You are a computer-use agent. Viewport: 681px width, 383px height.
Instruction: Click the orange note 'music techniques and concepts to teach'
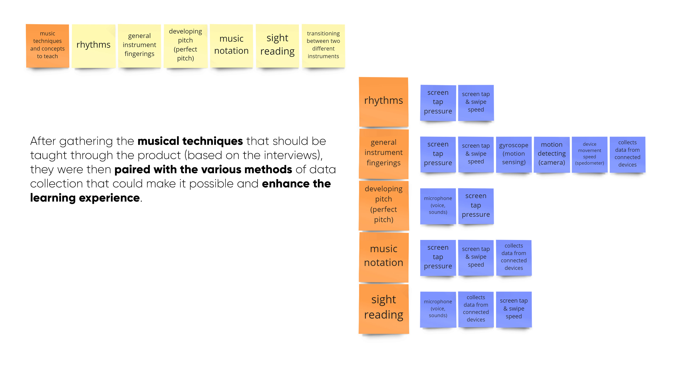[x=47, y=45]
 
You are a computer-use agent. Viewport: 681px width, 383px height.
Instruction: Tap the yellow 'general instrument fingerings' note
[x=139, y=45]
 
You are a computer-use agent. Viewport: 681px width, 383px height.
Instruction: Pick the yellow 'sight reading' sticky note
[x=277, y=45]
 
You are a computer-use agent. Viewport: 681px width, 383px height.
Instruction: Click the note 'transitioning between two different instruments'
[x=323, y=45]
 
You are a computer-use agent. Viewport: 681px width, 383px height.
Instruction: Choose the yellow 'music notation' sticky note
[x=231, y=45]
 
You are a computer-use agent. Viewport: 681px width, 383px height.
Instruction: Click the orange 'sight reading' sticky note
[x=383, y=308]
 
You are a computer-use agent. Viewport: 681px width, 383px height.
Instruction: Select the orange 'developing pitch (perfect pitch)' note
[x=383, y=205]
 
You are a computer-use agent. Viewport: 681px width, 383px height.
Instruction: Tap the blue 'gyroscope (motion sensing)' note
[x=514, y=154]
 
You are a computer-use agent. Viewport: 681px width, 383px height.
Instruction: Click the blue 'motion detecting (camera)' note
[x=552, y=154]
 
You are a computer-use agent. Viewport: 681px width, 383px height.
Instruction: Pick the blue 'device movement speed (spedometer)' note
[x=589, y=154]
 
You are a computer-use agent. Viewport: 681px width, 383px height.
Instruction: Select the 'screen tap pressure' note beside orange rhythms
[x=438, y=102]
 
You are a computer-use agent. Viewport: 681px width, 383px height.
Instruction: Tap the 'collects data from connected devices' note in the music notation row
[x=514, y=257]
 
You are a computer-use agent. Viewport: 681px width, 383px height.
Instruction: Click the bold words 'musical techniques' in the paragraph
[x=190, y=141]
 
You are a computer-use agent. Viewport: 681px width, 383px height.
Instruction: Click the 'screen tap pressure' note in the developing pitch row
[x=476, y=206]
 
